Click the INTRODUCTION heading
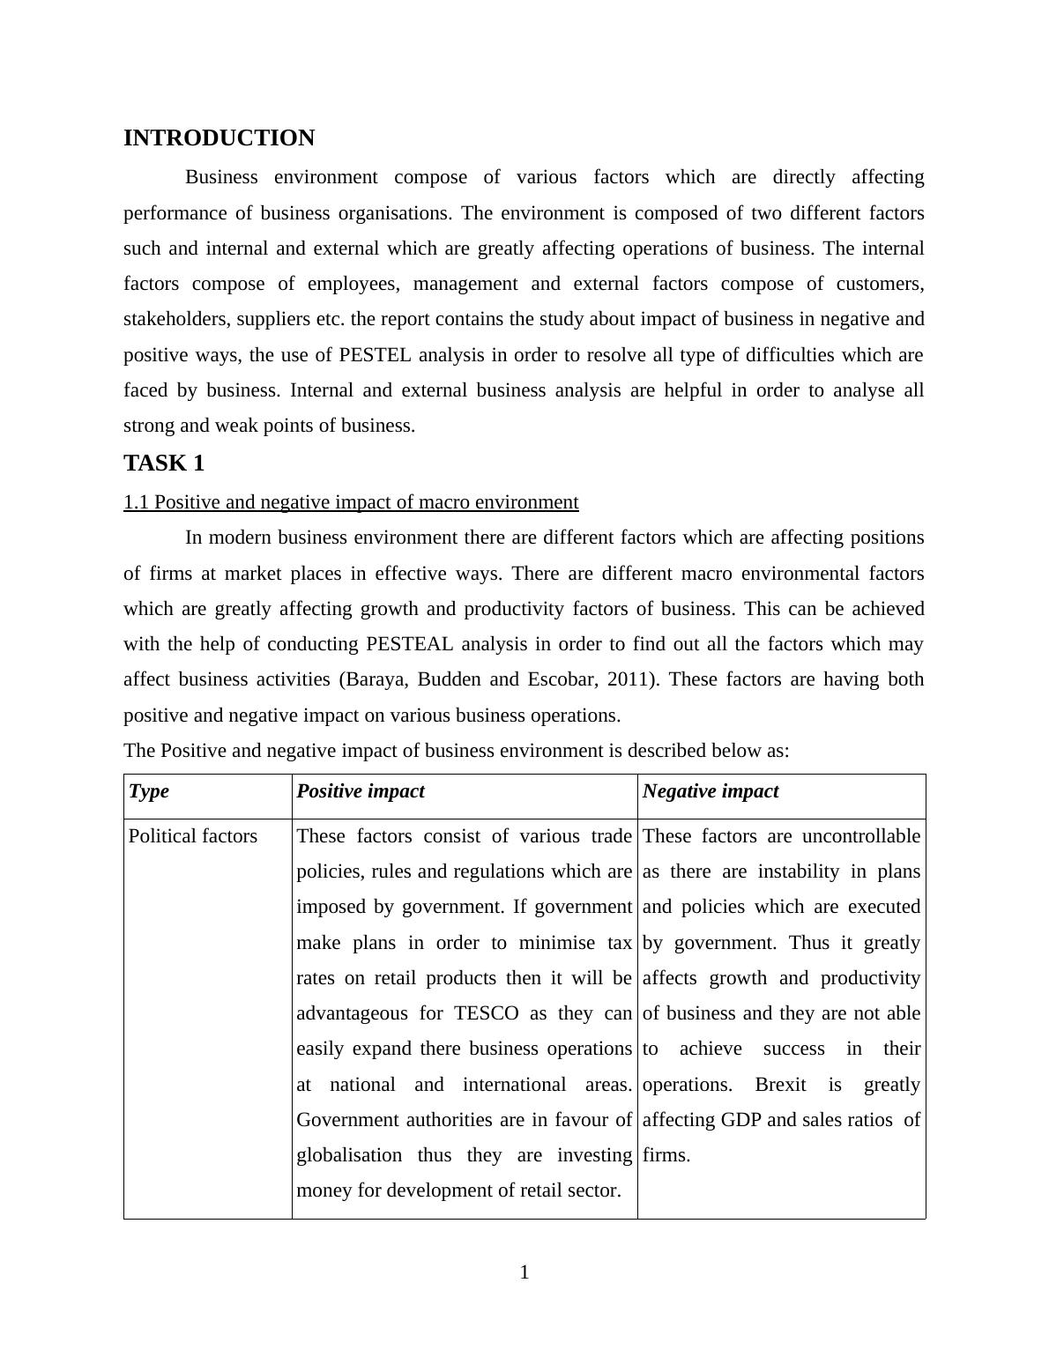[219, 138]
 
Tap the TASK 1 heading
[164, 463]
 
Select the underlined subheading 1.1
[351, 502]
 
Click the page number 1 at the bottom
[524, 1272]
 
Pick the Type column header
[149, 791]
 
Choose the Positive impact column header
[361, 791]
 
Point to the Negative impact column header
[710, 791]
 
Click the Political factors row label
[193, 836]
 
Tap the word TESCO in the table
[486, 1013]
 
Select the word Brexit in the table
[780, 1085]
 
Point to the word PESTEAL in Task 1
[409, 644]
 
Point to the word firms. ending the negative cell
[666, 1155]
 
